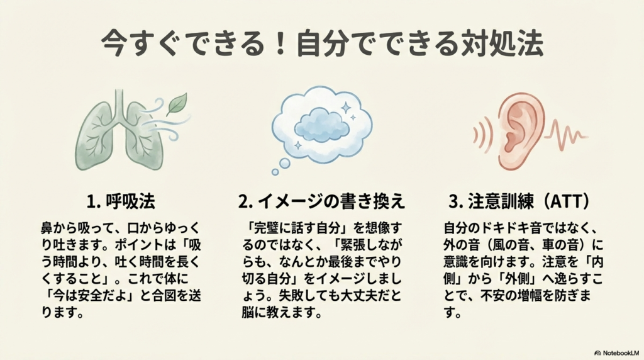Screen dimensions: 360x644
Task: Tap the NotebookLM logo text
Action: [x=618, y=353]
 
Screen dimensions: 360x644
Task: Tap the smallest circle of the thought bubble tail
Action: [x=275, y=171]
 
